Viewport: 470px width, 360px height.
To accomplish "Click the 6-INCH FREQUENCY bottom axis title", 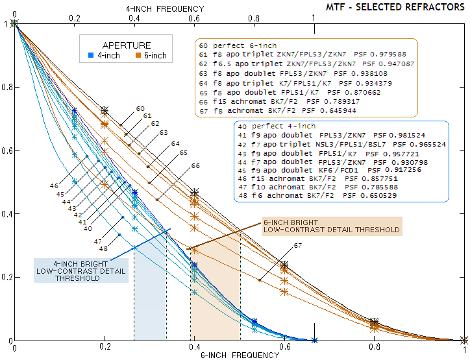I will [x=230, y=355].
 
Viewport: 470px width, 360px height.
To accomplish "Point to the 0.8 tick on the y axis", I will [x=7, y=87].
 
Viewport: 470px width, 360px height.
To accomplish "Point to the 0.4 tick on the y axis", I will [x=7, y=214].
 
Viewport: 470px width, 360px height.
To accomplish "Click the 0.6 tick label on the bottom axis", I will [x=284, y=348].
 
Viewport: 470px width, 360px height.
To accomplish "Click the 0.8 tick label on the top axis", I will [x=254, y=18].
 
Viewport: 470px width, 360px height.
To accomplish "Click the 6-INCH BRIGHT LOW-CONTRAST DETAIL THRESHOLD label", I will [x=332, y=226].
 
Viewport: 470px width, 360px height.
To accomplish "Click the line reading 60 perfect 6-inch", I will [x=238, y=46].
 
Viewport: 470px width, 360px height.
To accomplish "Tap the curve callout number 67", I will [x=297, y=246].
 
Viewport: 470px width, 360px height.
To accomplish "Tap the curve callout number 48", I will [x=104, y=248].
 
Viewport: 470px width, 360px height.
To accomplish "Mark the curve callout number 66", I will [x=195, y=166].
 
